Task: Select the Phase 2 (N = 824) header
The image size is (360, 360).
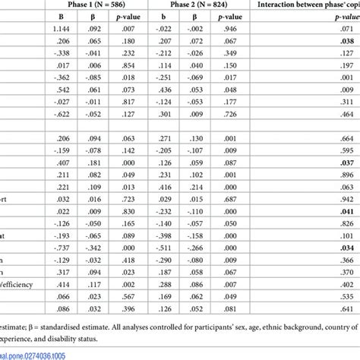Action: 193,5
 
